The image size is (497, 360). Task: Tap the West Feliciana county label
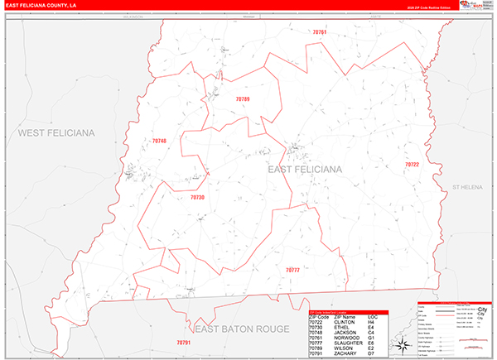coord(56,132)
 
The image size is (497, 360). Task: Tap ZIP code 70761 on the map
coord(320,31)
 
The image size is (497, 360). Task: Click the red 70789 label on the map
coord(242,99)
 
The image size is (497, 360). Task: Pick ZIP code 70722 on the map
coord(412,165)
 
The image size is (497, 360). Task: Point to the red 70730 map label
coord(197,198)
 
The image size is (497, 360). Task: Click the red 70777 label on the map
coord(292,270)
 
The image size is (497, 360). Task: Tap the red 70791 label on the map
coord(184,342)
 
